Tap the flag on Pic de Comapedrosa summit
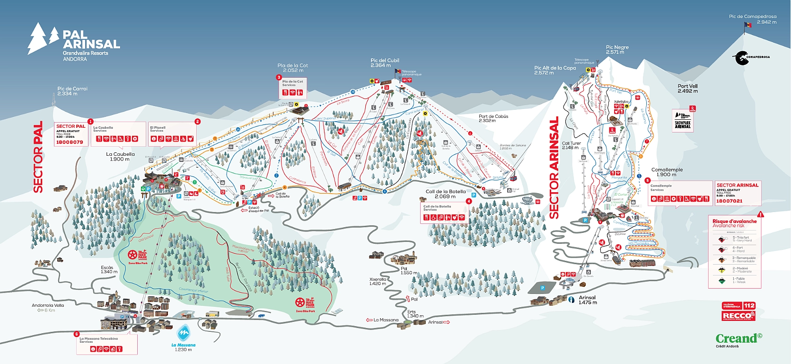pyautogui.click(x=747, y=25)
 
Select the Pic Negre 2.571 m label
pyautogui.click(x=617, y=49)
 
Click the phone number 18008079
pyautogui.click(x=70, y=142)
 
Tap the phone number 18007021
pyautogui.click(x=729, y=201)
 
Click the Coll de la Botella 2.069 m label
pyautogui.click(x=445, y=194)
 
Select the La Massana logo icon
pyautogui.click(x=183, y=333)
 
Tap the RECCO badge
pyautogui.click(x=738, y=316)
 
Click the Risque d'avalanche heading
pyautogui.click(x=734, y=221)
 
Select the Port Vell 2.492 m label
pyautogui.click(x=687, y=89)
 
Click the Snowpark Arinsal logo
pyautogui.click(x=683, y=121)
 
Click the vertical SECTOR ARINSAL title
pyautogui.click(x=554, y=168)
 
